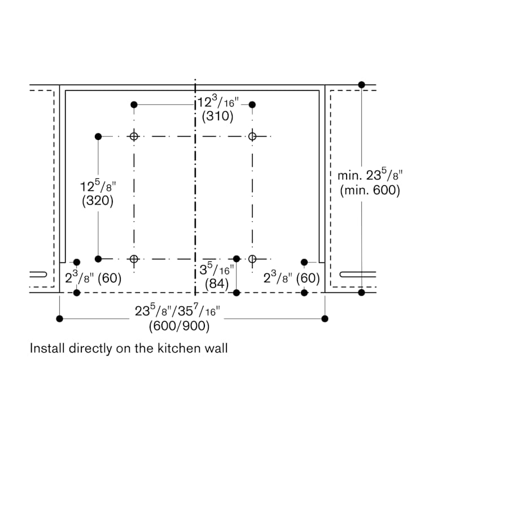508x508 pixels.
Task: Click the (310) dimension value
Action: [x=217, y=116]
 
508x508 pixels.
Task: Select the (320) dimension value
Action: [x=98, y=201]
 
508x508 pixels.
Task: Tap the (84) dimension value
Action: [x=217, y=284]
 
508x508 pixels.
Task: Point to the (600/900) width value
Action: [x=179, y=326]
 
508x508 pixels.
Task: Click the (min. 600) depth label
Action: [x=370, y=190]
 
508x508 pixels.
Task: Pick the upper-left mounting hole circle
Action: [x=134, y=137]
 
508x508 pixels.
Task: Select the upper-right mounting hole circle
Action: [x=252, y=137]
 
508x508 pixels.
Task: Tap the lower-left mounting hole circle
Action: [x=134, y=259]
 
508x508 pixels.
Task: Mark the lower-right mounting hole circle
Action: [x=252, y=259]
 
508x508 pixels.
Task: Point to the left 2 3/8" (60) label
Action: [x=93, y=277]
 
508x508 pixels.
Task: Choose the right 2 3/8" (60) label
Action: [x=292, y=277]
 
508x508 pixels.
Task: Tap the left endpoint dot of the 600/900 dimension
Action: [x=60, y=319]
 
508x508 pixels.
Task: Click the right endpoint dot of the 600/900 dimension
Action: [x=325, y=319]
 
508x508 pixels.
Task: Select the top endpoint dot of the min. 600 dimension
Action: [x=362, y=85]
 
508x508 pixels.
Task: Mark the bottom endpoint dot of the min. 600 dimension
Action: [x=362, y=292]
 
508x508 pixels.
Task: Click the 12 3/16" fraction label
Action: [x=218, y=102]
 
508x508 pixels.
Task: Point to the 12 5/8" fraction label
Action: [x=98, y=186]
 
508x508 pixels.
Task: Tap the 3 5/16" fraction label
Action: [x=216, y=269]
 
